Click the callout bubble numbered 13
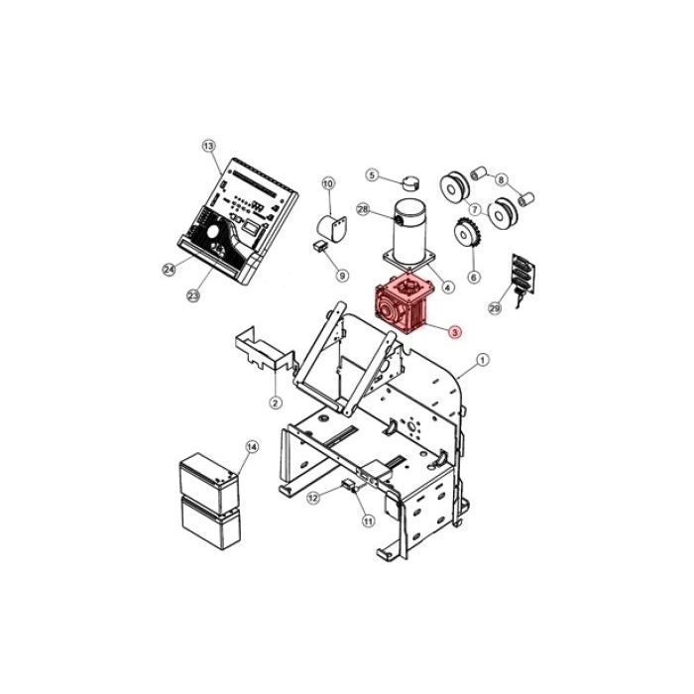(209, 146)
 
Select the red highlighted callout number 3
(455, 332)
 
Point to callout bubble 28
(363, 209)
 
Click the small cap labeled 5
(411, 181)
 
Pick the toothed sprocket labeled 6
(465, 235)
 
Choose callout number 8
(501, 180)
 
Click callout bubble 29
(495, 308)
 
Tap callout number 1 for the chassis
(483, 359)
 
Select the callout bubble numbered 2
(276, 403)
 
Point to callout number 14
(252, 447)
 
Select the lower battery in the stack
(211, 522)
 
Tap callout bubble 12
(313, 498)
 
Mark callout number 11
(368, 521)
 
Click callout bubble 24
(170, 269)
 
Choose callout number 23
(193, 295)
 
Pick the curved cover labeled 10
(332, 228)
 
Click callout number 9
(342, 276)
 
